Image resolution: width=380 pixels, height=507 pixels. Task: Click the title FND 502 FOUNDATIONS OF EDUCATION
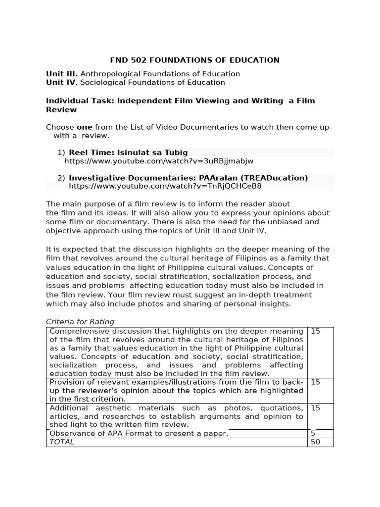pos(194,60)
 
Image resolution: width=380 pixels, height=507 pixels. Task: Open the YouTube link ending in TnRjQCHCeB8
pos(165,186)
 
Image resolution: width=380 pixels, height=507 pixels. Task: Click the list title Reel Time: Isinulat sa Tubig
pos(128,152)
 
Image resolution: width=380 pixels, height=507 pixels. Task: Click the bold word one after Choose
pos(85,127)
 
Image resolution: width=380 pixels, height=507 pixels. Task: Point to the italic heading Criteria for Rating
pos(80,322)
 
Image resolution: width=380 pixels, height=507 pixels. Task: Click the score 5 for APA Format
pos(313,433)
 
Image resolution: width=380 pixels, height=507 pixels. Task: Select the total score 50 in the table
pos(315,442)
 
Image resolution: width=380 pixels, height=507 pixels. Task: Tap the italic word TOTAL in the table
pos(62,442)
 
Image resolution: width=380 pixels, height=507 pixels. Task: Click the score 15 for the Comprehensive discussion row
pos(315,331)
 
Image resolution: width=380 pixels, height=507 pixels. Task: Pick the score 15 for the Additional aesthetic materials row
pos(315,408)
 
